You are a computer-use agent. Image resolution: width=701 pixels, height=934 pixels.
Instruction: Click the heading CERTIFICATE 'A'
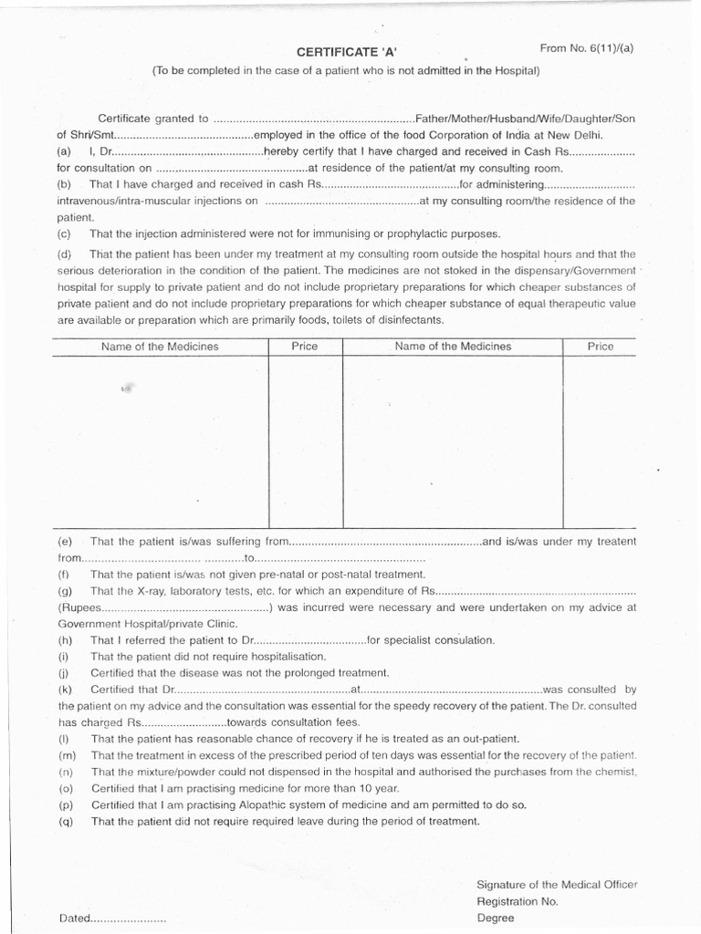[x=348, y=52]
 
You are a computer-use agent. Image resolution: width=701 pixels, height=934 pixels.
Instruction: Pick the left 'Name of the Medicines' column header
[x=160, y=347]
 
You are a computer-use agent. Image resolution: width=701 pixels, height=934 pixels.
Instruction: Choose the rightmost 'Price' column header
[x=601, y=347]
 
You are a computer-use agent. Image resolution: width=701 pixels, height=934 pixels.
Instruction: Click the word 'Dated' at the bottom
[x=74, y=918]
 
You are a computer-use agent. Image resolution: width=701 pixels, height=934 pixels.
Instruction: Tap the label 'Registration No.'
[x=517, y=901]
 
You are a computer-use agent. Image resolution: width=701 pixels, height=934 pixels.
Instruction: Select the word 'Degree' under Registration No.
[x=496, y=918]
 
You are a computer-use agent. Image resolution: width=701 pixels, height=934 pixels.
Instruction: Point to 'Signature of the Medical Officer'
[x=557, y=885]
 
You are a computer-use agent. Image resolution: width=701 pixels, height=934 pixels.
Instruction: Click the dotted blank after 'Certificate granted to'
[x=312, y=119]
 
